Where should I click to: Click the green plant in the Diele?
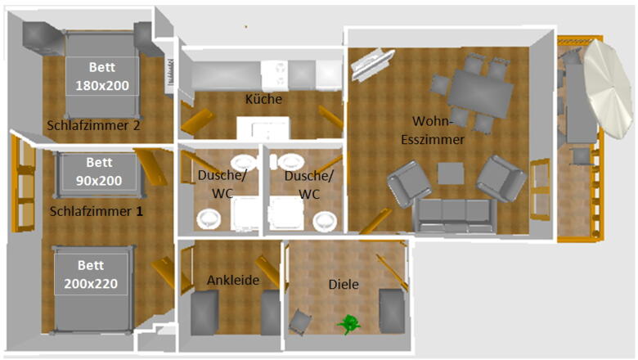point(348,324)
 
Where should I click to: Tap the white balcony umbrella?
point(609,89)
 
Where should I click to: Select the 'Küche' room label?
point(263,99)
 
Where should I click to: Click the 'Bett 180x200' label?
point(102,76)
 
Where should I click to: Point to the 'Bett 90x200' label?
point(99,171)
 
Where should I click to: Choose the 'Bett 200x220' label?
point(91,274)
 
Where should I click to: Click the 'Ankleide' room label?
point(233,280)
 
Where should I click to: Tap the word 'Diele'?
point(344,285)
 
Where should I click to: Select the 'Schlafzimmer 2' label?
point(93,125)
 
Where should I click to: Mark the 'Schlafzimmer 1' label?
point(97,211)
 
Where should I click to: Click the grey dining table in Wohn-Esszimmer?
point(480,93)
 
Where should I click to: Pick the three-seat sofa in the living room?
point(455,215)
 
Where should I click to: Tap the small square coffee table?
point(451,173)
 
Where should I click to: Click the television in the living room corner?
point(372,64)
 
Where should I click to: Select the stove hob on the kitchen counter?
point(275,75)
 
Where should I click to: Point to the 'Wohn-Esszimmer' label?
point(433,130)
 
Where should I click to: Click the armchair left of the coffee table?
point(408,184)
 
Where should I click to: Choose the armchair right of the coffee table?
point(501,178)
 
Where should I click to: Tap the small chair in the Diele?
point(300,322)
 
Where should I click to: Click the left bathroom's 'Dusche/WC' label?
point(222,184)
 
